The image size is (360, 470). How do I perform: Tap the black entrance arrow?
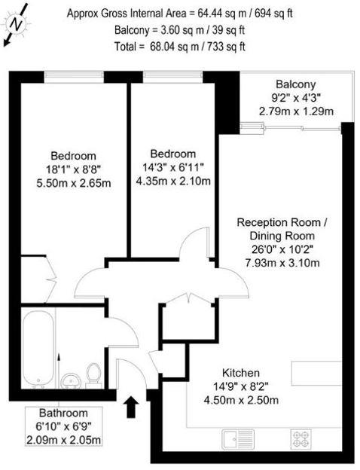tap(130, 407)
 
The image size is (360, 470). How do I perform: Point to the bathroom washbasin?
tap(70, 380)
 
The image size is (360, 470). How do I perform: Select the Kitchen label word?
tap(241, 373)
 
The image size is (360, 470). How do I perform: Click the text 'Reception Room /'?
tap(282, 222)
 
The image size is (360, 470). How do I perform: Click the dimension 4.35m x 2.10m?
tap(172, 181)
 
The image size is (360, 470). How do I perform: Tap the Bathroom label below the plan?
tap(64, 413)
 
